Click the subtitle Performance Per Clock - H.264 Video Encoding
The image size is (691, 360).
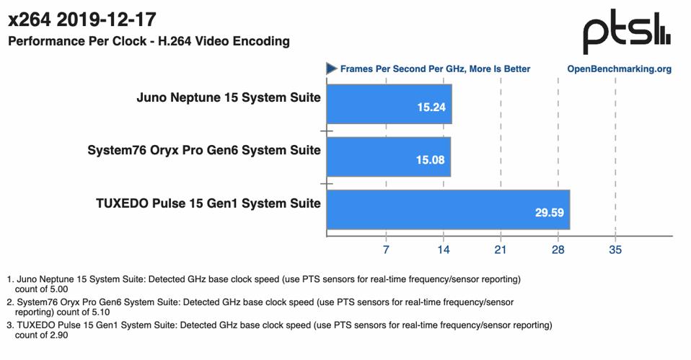[149, 41]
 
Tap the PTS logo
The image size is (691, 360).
[626, 34]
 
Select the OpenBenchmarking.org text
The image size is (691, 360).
[620, 69]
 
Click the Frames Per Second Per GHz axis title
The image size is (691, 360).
[435, 69]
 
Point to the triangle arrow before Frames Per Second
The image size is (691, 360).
[332, 69]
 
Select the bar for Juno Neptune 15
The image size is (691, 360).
[389, 104]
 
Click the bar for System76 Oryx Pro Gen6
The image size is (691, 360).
[388, 157]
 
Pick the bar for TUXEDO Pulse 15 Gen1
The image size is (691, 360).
[448, 210]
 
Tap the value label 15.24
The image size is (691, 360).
[431, 107]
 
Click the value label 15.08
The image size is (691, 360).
[430, 160]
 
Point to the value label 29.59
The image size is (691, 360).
[549, 213]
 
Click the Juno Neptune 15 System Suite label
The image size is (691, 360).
[229, 97]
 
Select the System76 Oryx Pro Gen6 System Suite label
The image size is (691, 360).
[204, 150]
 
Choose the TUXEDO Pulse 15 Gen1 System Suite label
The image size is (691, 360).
[208, 203]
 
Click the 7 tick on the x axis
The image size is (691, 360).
[386, 250]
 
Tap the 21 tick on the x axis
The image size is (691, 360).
[500, 250]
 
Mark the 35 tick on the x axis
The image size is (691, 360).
[615, 250]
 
